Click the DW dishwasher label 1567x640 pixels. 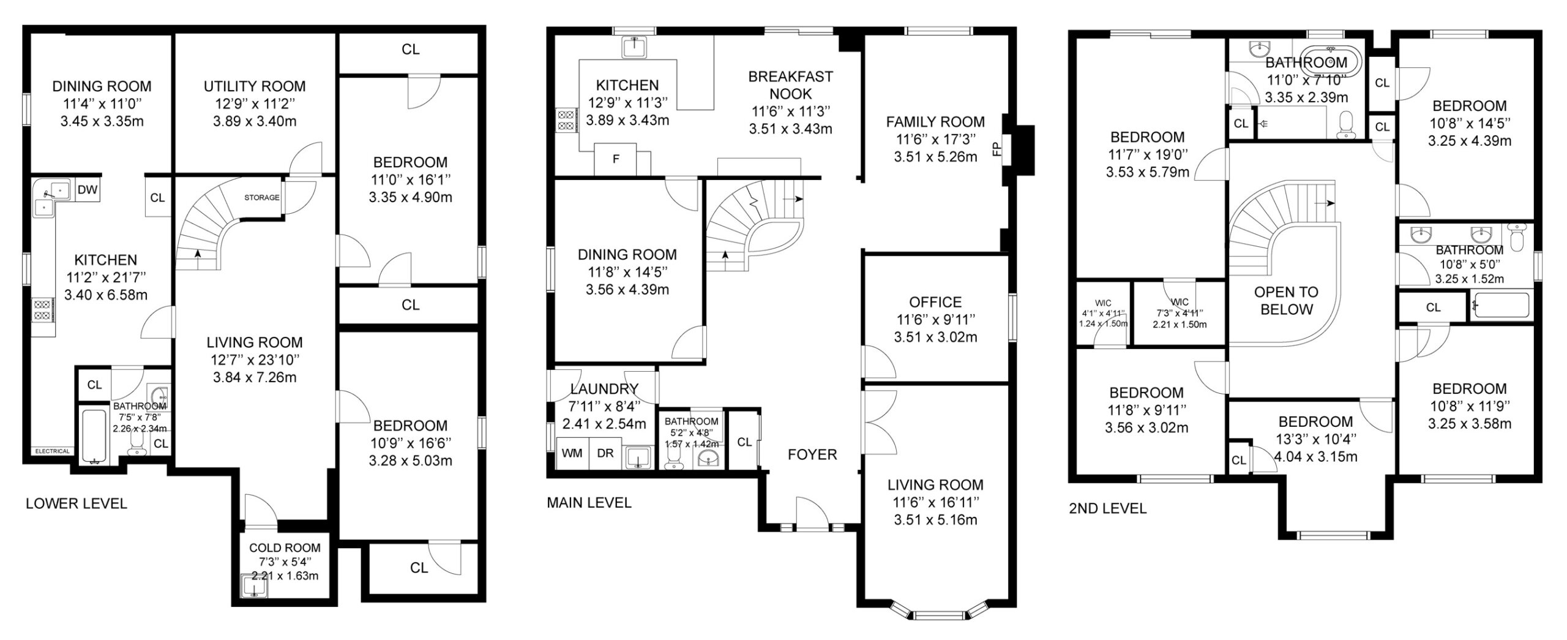coord(88,190)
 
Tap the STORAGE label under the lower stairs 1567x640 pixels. coord(262,198)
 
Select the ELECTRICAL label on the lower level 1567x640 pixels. coord(52,451)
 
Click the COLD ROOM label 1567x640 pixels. coord(285,548)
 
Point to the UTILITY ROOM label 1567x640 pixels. coord(255,86)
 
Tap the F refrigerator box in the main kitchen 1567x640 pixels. coord(616,159)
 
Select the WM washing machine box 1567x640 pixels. coord(572,454)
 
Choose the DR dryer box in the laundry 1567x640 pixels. coord(605,454)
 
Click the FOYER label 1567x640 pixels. coord(812,454)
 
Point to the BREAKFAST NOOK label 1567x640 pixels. coord(790,85)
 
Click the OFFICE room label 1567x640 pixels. coord(935,302)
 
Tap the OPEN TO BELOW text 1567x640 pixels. coord(1287,301)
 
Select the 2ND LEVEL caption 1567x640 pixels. coord(1107,508)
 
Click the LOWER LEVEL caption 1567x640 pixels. coord(77,503)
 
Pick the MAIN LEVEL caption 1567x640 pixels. coord(589,503)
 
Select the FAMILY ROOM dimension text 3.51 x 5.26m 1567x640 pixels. coord(935,157)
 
